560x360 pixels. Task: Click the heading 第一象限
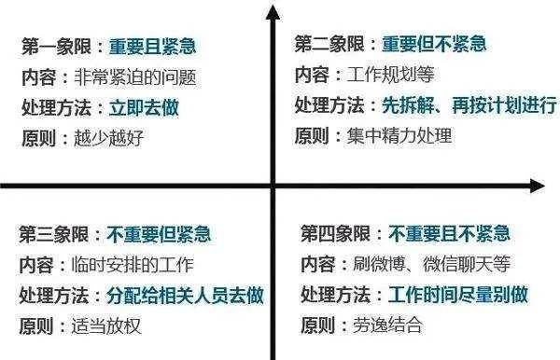tap(56, 47)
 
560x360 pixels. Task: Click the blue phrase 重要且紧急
tap(152, 47)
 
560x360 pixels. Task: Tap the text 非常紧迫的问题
tap(135, 77)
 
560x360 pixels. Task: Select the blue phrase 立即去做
tap(144, 107)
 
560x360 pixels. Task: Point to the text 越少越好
tap(109, 138)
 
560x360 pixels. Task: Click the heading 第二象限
tap(329, 44)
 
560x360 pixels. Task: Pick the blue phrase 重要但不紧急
tap(434, 44)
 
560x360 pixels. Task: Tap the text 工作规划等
tap(391, 75)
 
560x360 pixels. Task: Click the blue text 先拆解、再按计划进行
tap(469, 105)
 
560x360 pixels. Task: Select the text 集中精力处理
tap(399, 136)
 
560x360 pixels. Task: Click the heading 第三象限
tap(53, 234)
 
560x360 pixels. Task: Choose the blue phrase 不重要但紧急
tap(159, 234)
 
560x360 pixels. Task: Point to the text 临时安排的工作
tap(133, 265)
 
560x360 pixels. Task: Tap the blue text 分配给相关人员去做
tap(185, 296)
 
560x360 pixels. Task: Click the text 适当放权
tap(106, 326)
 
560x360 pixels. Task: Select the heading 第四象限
tap(335, 234)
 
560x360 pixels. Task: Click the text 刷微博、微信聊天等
tap(431, 264)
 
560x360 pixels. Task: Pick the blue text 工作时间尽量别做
tap(458, 295)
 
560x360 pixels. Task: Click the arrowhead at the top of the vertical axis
tap(273, 12)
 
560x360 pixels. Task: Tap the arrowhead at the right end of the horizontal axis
tap(538, 186)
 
